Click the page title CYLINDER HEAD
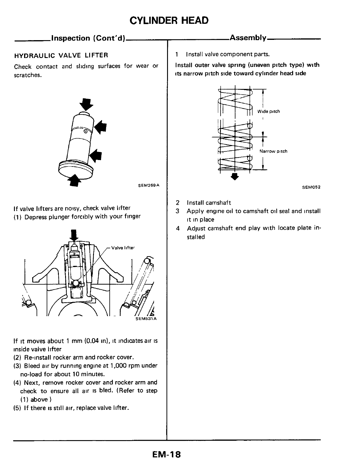click(x=169, y=21)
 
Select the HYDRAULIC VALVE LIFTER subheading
click(x=61, y=55)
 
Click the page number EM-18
click(x=166, y=454)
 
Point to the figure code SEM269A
click(x=149, y=185)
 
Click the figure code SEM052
click(x=311, y=187)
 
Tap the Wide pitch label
click(x=268, y=112)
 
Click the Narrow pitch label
click(x=273, y=151)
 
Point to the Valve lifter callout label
click(x=123, y=248)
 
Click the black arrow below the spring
click(x=235, y=177)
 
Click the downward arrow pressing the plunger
click(x=74, y=235)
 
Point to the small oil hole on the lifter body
click(x=86, y=131)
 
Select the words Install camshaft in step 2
click(x=209, y=203)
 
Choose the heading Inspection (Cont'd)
click(x=88, y=38)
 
